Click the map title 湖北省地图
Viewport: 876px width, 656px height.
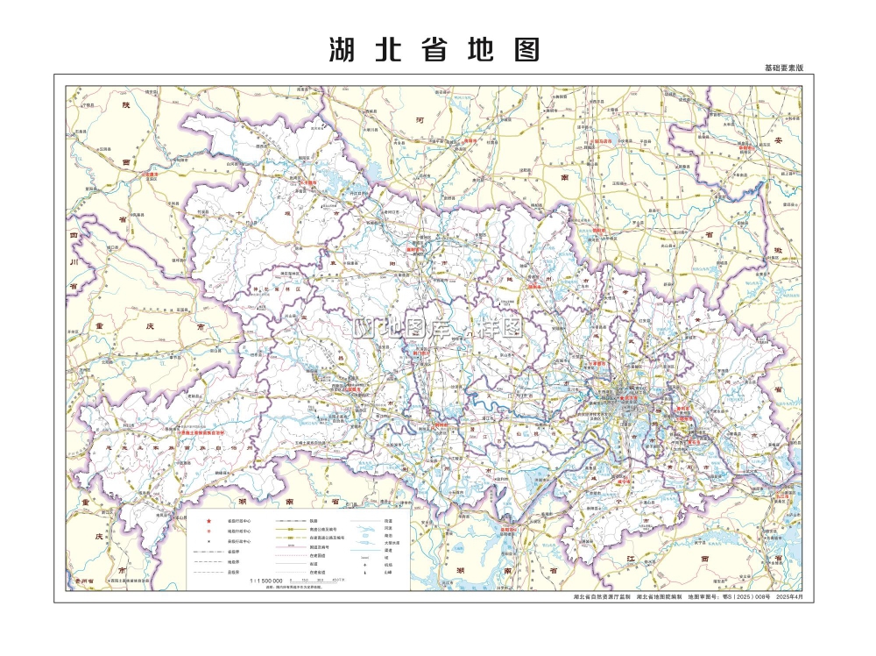[x=434, y=49]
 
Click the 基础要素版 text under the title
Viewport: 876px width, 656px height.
[x=783, y=68]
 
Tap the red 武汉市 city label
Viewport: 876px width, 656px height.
[x=627, y=399]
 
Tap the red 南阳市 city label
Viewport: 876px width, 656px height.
[x=470, y=140]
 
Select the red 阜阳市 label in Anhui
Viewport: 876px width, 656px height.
[x=745, y=148]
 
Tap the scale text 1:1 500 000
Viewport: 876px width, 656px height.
[x=266, y=581]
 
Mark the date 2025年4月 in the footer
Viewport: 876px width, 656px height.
[x=788, y=597]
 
